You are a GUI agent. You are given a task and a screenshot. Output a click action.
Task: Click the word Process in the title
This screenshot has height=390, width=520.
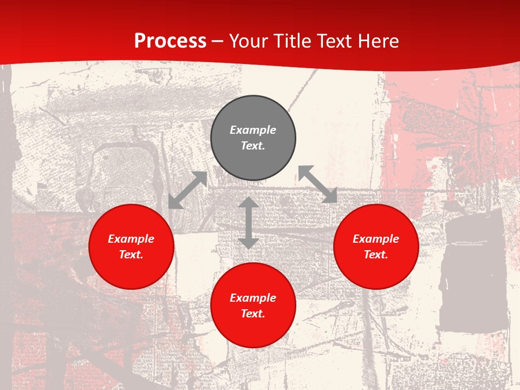pos(170,41)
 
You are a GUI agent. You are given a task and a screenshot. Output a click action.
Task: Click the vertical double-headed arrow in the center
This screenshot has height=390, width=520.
pos(249,223)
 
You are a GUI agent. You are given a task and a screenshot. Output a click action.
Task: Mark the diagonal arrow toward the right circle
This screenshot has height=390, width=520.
pos(318,185)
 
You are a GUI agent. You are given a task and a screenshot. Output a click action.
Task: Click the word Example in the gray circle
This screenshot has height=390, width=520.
pos(253,130)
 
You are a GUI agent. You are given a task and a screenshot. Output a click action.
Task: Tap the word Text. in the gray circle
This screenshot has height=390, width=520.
pos(253,146)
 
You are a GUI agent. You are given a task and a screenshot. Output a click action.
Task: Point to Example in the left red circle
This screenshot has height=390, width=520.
pos(131,239)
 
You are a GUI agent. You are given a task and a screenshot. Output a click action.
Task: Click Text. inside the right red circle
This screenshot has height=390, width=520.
pos(376,255)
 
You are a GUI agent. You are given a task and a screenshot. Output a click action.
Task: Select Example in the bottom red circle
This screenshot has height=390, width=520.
pos(253,298)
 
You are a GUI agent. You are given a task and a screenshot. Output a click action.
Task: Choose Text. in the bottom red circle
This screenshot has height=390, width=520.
pos(253,314)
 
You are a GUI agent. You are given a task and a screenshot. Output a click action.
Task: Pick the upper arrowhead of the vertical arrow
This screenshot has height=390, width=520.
pos(249,203)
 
